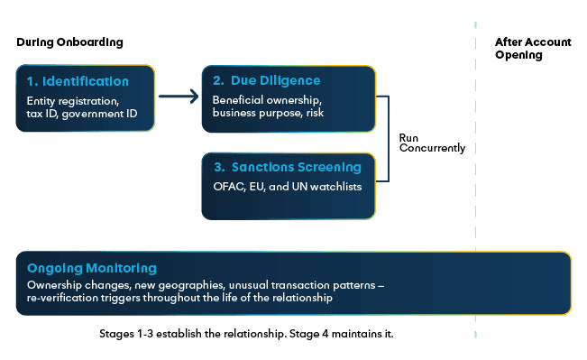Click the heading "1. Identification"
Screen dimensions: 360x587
pyautogui.click(x=78, y=81)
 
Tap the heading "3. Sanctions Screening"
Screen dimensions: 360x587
pyautogui.click(x=287, y=168)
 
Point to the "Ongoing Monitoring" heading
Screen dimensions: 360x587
pyautogui.click(x=92, y=269)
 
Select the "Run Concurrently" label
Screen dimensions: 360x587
pyautogui.click(x=432, y=143)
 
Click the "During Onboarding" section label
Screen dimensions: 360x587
pyautogui.click(x=69, y=42)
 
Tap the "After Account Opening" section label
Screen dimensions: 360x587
pyautogui.click(x=519, y=49)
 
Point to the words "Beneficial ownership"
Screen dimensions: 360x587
pyautogui.click(x=264, y=99)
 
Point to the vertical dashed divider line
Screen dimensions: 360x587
pyautogui.click(x=476, y=180)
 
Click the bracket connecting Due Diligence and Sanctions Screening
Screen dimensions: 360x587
pyautogui.click(x=387, y=140)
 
